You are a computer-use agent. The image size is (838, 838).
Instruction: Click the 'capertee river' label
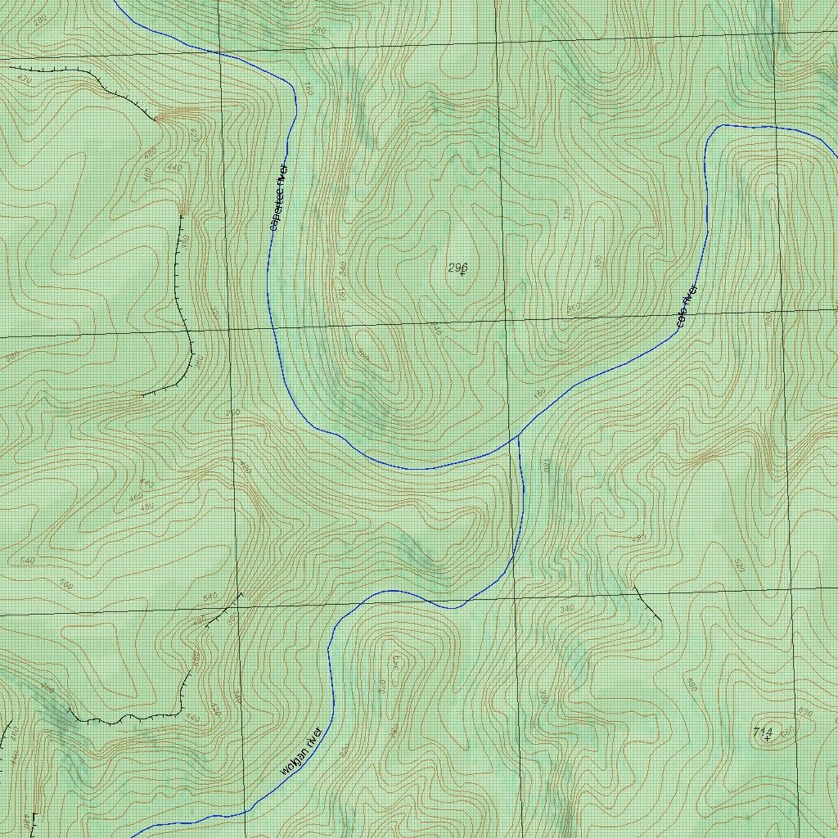279,197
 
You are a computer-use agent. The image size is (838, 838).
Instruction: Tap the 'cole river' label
687,306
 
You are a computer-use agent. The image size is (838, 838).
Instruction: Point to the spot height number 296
457,267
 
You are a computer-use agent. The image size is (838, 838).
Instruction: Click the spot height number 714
762,730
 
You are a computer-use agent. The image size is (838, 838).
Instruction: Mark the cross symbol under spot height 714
767,738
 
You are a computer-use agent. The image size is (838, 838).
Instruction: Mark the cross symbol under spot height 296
462,273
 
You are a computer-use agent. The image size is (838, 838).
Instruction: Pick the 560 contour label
67,585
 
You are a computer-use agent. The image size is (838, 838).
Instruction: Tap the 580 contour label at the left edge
11,357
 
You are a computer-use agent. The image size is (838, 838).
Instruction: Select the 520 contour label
740,566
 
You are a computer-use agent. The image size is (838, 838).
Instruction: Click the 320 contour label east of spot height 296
567,213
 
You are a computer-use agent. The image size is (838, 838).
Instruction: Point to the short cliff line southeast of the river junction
648,603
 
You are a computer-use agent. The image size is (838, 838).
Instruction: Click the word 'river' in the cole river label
692,295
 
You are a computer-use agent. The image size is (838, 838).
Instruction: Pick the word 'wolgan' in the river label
291,761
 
